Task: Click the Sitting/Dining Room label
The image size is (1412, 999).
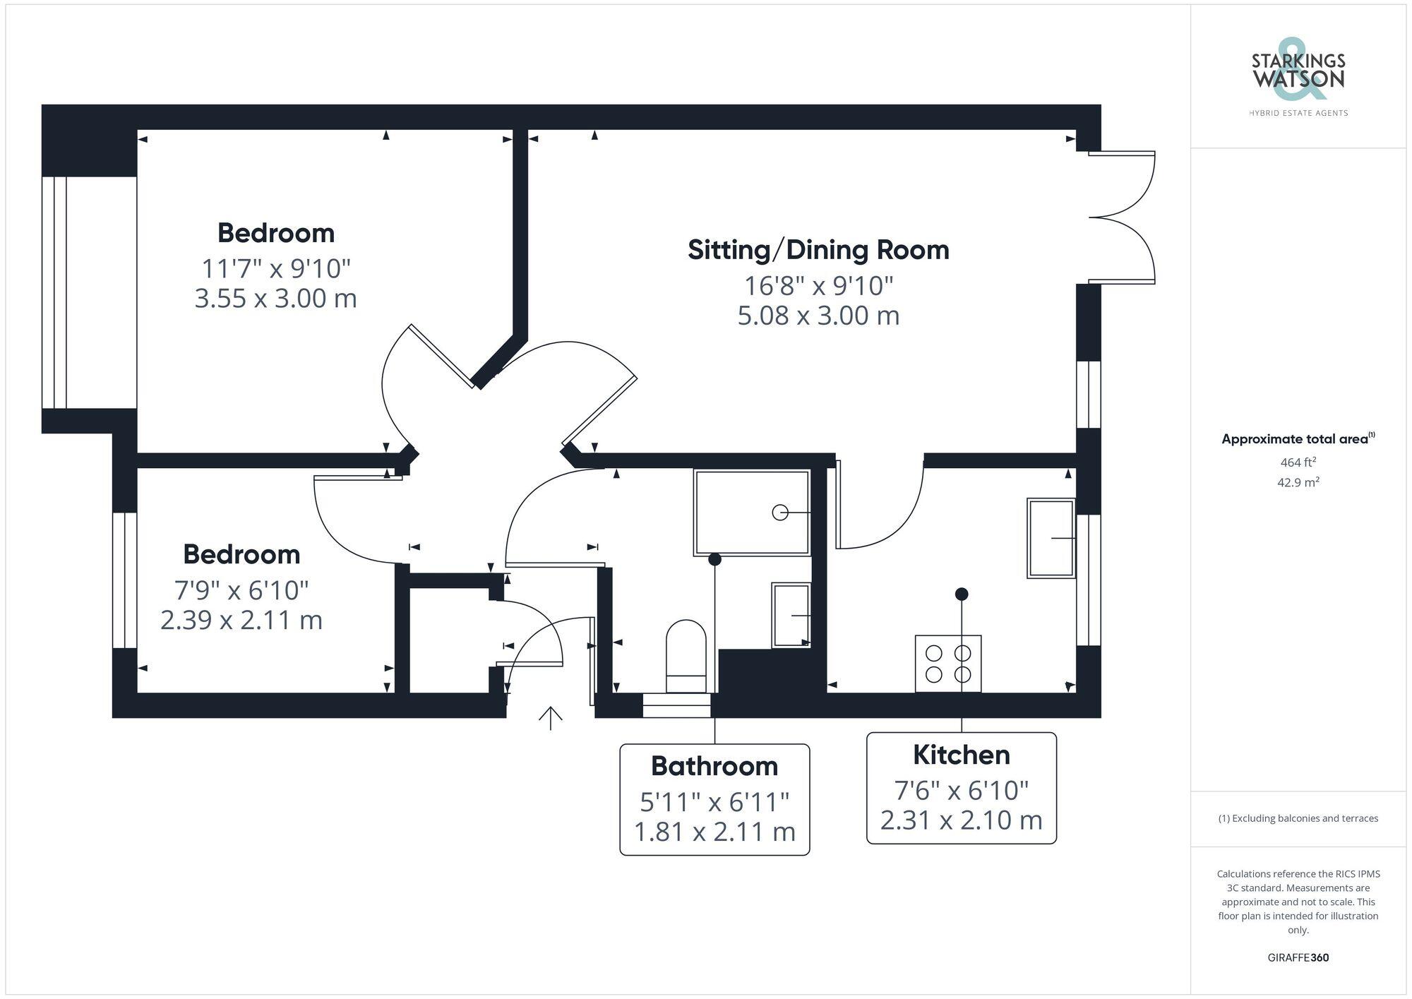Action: [x=818, y=250]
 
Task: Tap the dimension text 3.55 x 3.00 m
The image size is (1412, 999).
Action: [x=275, y=298]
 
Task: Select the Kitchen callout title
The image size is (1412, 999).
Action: [x=961, y=755]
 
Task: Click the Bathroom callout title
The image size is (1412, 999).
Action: [x=714, y=766]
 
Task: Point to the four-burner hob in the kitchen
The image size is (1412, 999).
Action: [x=947, y=664]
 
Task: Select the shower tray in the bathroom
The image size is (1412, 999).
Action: [x=751, y=513]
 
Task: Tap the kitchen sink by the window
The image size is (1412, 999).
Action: [x=1051, y=538]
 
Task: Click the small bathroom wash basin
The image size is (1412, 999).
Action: [x=790, y=615]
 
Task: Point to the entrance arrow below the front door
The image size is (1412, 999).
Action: [x=550, y=717]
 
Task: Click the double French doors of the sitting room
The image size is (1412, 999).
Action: [x=1123, y=217]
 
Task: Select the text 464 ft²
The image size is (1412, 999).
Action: [x=1298, y=462]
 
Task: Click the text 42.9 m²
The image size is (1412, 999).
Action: [x=1298, y=483]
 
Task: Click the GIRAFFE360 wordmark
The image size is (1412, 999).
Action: [x=1298, y=958]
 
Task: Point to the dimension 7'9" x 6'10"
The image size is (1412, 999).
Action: [x=241, y=590]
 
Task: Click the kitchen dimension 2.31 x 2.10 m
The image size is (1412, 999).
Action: [x=961, y=820]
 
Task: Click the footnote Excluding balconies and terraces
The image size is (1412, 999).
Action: [x=1298, y=818]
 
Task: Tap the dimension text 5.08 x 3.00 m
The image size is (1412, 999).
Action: [x=818, y=315]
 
